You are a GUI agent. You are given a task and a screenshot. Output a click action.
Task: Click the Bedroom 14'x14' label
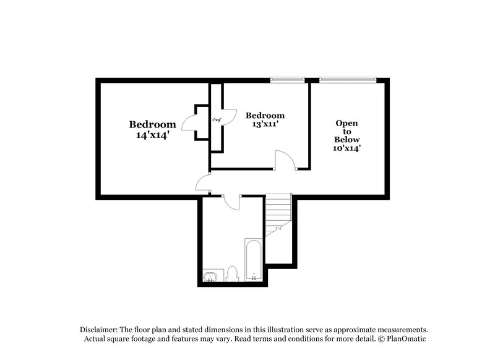(152, 129)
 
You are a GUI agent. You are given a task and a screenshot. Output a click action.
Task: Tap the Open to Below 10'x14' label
(347, 135)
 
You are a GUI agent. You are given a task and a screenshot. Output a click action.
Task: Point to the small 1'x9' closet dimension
(217, 119)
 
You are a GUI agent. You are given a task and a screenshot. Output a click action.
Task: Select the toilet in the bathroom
(233, 273)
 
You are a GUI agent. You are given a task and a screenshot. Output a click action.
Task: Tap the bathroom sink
(211, 276)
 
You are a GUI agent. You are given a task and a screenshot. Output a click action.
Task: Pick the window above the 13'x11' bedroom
(288, 79)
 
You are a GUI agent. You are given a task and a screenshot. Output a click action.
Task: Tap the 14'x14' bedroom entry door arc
(202, 182)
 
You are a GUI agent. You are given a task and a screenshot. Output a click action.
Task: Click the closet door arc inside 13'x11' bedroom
(230, 118)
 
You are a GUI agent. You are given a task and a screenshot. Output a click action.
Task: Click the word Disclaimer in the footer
(100, 329)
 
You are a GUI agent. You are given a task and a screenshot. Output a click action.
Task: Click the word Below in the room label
(347, 139)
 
